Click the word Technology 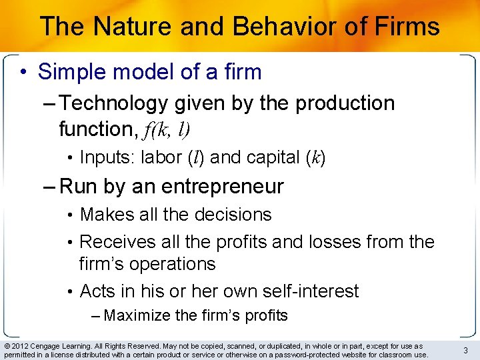pos(114,103)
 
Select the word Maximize pos(137,315)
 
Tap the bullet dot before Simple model pos(24,71)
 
